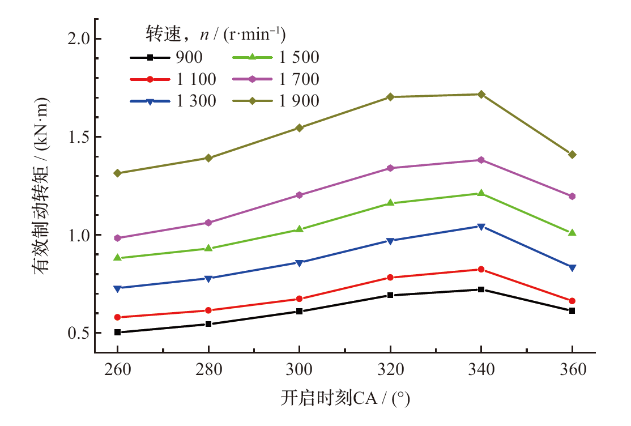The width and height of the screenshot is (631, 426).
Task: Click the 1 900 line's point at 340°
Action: [481, 94]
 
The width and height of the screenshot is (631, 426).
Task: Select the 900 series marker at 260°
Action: [117, 333]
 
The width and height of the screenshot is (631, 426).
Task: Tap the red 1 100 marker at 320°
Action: [390, 278]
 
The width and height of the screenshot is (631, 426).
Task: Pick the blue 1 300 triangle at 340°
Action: [481, 227]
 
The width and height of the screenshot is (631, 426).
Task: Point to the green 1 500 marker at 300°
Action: [299, 229]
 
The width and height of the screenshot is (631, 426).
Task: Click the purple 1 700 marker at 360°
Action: [572, 196]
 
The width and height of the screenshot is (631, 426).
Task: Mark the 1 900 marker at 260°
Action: [117, 173]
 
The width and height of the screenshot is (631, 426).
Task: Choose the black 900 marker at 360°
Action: [572, 310]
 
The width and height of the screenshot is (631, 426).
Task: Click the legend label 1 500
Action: [299, 57]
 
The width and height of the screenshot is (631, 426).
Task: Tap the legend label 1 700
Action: [299, 79]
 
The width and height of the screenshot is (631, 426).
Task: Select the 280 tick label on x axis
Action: [208, 370]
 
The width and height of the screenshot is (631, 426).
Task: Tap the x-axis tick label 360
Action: [572, 370]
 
